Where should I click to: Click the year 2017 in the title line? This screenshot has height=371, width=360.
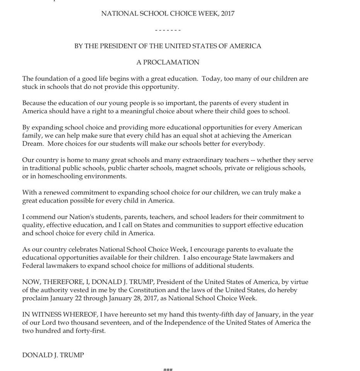[x=228, y=14]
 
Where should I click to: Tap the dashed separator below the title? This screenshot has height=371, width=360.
[x=168, y=30]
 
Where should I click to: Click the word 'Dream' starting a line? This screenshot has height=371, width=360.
[x=32, y=144]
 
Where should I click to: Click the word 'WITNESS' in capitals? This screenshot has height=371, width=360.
[x=45, y=314]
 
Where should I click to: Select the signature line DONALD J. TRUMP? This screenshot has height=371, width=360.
[x=53, y=355]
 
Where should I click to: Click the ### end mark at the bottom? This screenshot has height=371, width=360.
[x=168, y=369]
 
